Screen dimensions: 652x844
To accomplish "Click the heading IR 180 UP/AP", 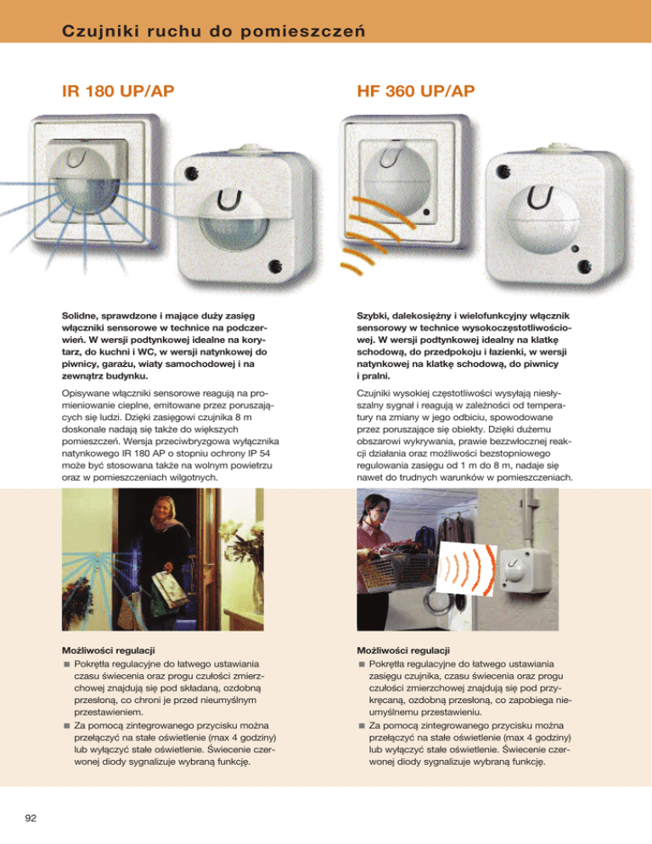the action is tap(118, 91).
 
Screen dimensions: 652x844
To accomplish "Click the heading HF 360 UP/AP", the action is tap(416, 91).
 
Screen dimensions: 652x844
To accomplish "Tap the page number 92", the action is tap(31, 819).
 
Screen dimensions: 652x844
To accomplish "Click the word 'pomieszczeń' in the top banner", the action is tap(303, 31).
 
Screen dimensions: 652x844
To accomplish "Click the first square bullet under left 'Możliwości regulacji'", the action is tap(67, 664).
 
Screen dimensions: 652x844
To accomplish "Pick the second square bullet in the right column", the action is tap(362, 726).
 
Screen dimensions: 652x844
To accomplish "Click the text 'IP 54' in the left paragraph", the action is tap(259, 453).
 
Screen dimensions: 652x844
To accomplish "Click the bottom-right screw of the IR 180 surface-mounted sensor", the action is tap(274, 266).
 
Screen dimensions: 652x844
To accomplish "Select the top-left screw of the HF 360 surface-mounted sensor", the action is tap(503, 172).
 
